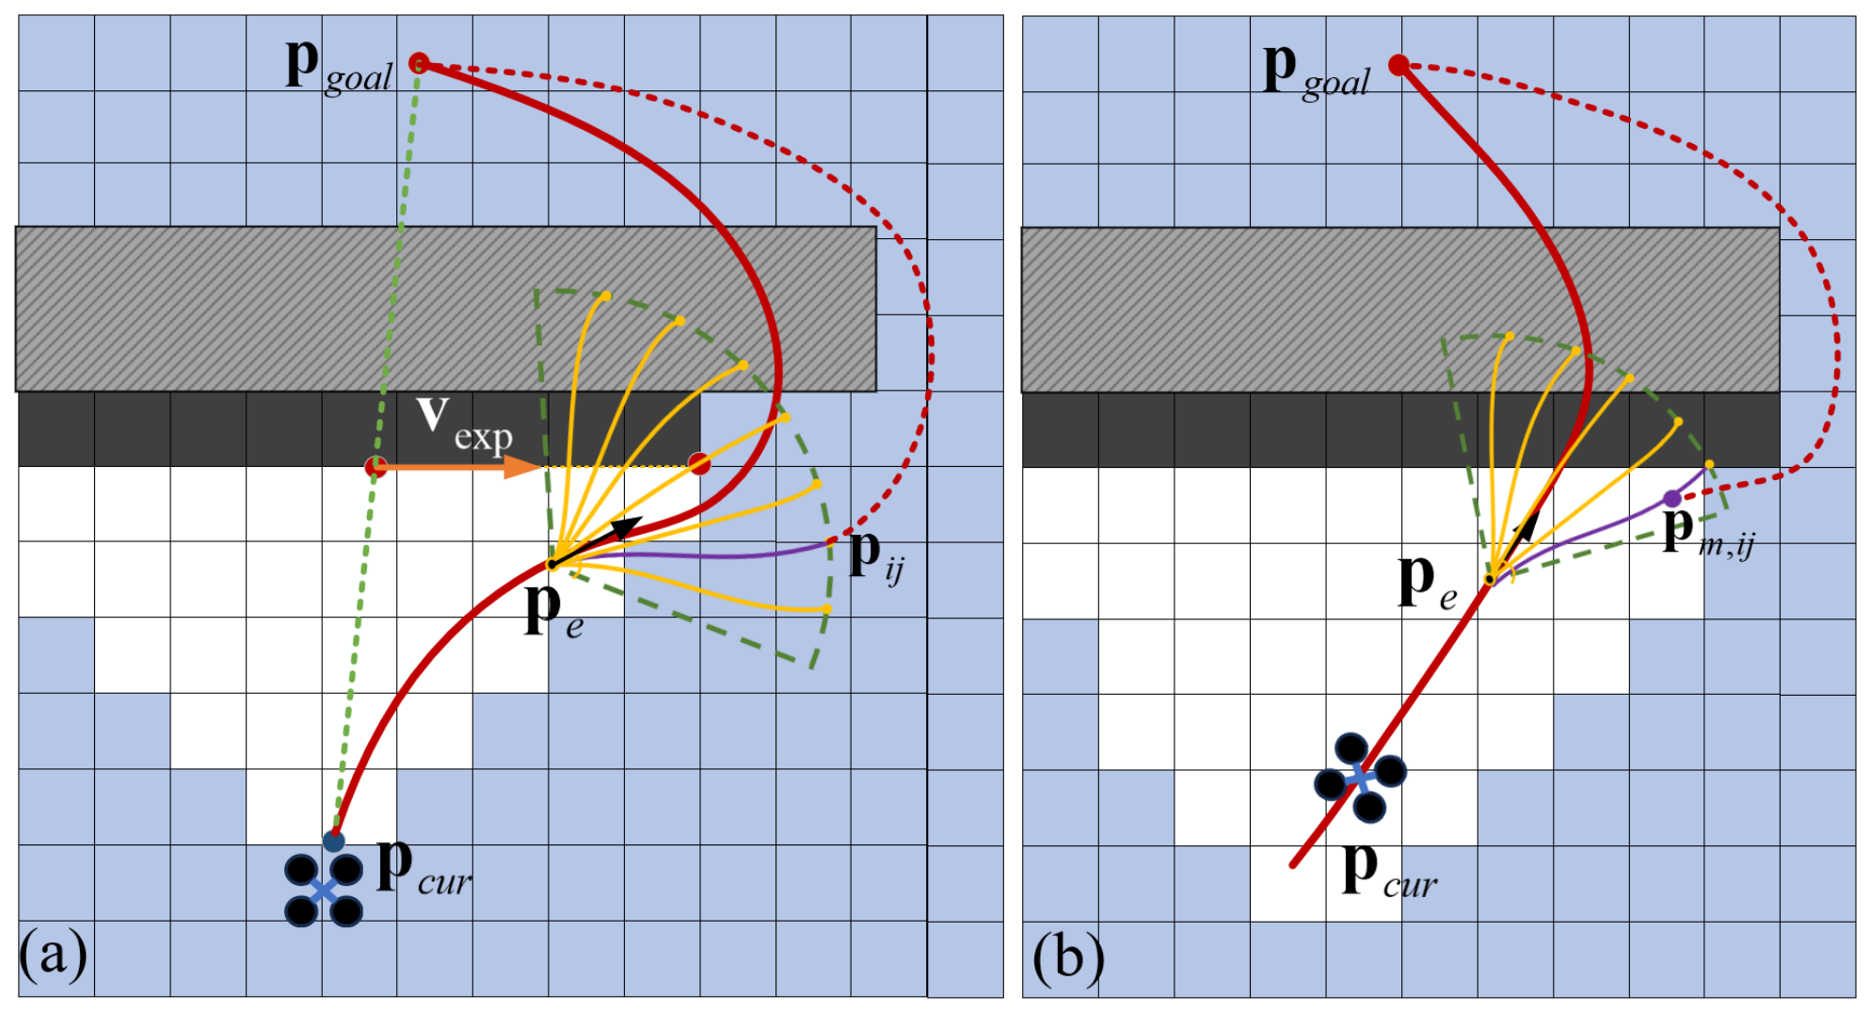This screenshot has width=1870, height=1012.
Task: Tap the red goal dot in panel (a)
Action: coord(419,63)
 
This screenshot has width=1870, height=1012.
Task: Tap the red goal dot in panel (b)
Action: coord(1399,65)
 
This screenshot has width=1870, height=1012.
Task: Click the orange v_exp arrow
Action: coord(458,466)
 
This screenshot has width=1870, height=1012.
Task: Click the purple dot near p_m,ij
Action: coord(1671,498)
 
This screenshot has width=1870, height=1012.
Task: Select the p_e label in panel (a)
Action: coord(553,609)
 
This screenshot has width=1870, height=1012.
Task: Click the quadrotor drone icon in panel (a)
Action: coord(324,890)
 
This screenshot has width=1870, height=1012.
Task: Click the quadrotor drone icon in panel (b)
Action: coord(1360,778)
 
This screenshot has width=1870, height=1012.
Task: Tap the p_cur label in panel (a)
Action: coord(424,866)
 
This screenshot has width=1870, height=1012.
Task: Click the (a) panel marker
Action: coord(53,955)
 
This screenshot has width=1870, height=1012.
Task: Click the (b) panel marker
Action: coord(1068,957)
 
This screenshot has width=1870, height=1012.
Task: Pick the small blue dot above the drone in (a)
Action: coord(334,841)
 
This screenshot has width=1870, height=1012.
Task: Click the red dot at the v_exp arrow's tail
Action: coord(376,466)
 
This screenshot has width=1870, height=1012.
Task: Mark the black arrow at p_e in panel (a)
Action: coord(597,541)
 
